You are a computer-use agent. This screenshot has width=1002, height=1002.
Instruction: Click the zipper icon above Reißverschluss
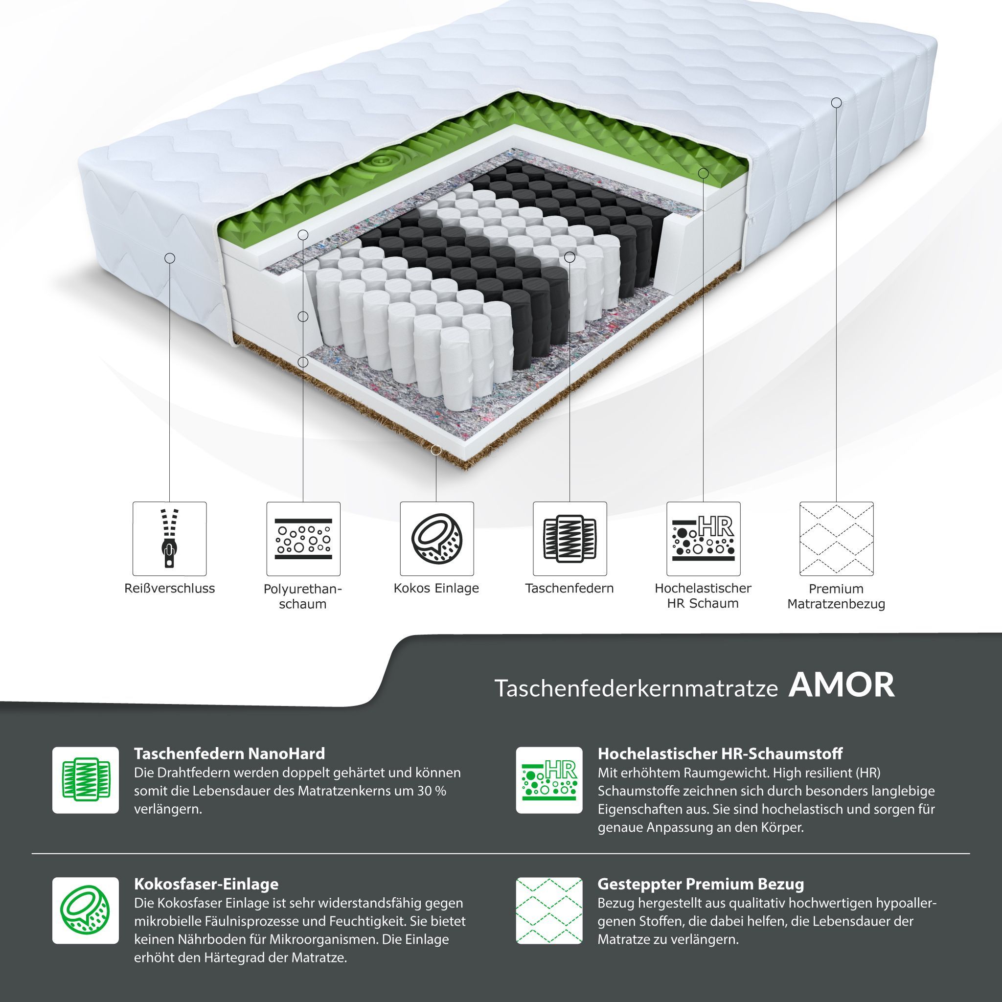click(170, 538)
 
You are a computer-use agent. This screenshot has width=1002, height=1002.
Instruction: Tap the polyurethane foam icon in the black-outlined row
click(303, 538)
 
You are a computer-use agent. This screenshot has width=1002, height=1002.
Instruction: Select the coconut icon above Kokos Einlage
click(437, 538)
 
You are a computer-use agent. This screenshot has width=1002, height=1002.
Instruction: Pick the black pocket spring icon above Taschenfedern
click(569, 538)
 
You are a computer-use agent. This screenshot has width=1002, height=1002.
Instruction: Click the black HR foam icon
click(703, 538)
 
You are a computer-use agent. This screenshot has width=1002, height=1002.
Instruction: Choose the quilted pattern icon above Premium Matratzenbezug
click(837, 538)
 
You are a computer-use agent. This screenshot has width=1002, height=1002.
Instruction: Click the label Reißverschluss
click(170, 589)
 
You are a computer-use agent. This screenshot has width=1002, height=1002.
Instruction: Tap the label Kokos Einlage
click(436, 589)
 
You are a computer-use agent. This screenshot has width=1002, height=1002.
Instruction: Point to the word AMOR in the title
click(842, 685)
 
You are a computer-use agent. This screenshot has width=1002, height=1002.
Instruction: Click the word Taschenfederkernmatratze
click(637, 688)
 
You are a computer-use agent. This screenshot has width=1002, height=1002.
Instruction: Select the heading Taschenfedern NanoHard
click(229, 753)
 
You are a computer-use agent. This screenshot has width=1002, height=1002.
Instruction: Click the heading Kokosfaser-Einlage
click(206, 884)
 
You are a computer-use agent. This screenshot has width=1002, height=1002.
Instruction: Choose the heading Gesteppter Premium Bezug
click(701, 884)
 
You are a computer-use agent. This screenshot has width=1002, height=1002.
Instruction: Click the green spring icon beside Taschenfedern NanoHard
click(86, 780)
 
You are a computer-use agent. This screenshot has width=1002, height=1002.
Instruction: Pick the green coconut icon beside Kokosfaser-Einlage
click(86, 911)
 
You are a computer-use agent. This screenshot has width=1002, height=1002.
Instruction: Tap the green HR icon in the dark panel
click(549, 780)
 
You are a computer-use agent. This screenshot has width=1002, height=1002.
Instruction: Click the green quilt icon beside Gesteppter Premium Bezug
click(549, 911)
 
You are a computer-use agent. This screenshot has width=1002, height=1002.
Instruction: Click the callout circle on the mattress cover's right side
click(837, 103)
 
